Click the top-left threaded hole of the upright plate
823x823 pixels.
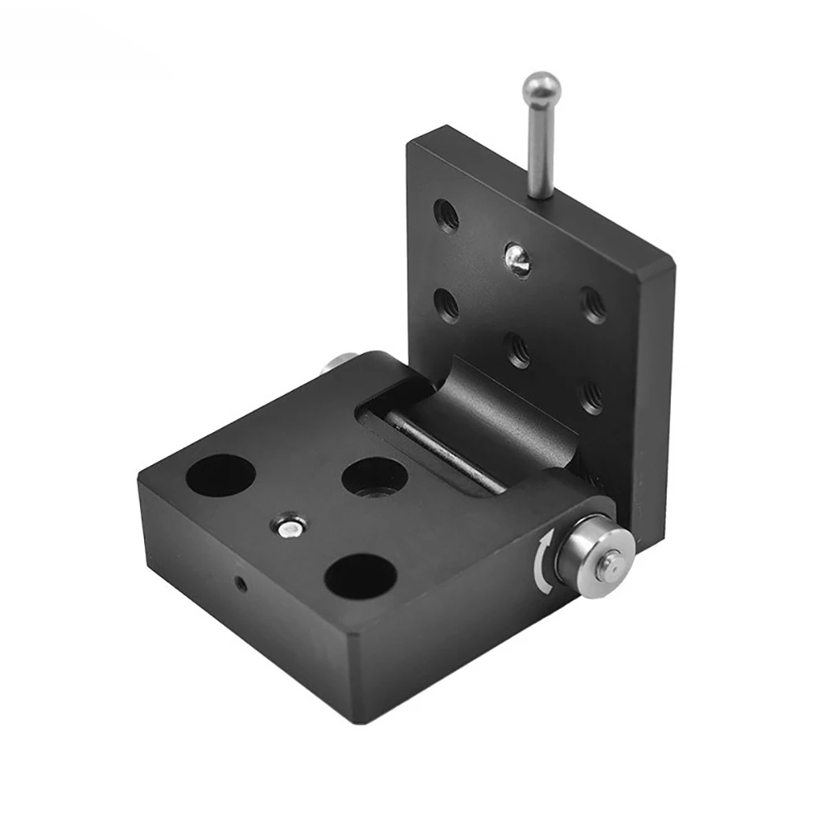447,215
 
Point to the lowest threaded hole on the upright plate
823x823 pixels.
592,399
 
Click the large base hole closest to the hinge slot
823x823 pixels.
374,477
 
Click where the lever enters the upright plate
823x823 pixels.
540,194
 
